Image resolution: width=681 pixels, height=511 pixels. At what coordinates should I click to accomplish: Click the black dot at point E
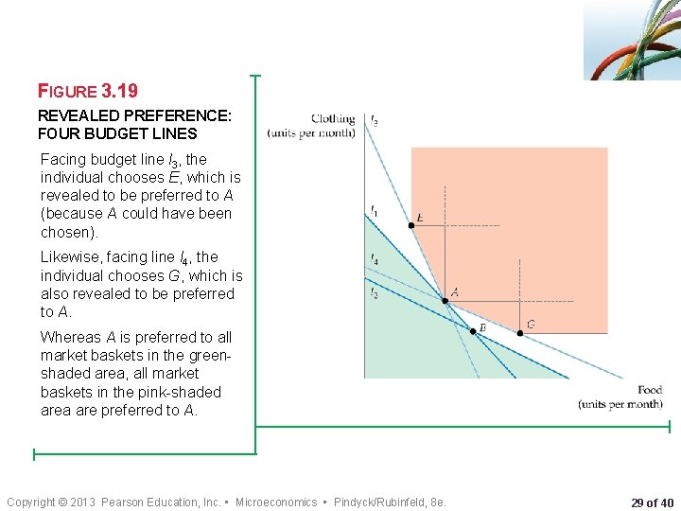pos(411,225)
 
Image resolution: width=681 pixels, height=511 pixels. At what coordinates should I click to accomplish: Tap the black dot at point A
pos(446,301)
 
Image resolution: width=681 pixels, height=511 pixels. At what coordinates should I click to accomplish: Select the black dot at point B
pos(473,330)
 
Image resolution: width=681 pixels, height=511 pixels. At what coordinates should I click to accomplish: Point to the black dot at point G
pos(519,332)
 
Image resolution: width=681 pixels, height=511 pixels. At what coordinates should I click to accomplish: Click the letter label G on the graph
pos(531,324)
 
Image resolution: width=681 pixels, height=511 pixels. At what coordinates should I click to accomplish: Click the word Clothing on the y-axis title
pos(333,119)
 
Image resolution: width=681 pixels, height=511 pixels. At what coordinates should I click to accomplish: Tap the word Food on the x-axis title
pos(650,390)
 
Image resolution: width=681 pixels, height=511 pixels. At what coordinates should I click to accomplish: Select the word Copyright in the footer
pos(31,502)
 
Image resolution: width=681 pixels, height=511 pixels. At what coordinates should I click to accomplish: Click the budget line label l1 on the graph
pos(374,209)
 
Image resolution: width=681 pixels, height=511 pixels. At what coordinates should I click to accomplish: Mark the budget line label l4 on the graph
pos(375,257)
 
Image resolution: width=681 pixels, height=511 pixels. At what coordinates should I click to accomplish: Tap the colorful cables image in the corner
pos(631,40)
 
